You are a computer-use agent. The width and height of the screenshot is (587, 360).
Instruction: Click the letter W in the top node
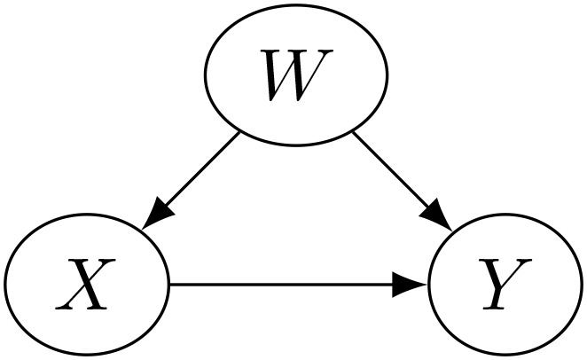coord(296,76)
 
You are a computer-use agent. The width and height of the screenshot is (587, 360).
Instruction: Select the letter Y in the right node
coord(506,286)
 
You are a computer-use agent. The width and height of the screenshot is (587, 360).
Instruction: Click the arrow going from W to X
coord(193,180)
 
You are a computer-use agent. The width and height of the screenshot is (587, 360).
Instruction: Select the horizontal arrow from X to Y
coord(293,286)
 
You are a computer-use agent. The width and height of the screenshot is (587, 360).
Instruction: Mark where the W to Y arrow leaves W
coord(354,134)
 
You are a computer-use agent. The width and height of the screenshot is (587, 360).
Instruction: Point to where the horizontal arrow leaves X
coord(168,286)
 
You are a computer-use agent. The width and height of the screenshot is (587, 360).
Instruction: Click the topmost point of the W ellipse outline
coord(296,6)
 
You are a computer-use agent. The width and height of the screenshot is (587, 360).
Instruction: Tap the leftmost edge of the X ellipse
coord(4,286)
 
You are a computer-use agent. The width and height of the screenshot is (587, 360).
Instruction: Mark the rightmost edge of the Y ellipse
coord(583,286)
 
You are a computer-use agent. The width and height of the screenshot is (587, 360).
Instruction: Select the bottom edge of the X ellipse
coord(86,355)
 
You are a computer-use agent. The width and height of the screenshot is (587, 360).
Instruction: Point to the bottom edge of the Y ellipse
coord(506,355)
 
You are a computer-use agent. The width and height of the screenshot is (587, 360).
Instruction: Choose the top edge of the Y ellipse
coord(506,215)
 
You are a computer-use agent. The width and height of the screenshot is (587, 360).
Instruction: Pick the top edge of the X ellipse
coord(86,215)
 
